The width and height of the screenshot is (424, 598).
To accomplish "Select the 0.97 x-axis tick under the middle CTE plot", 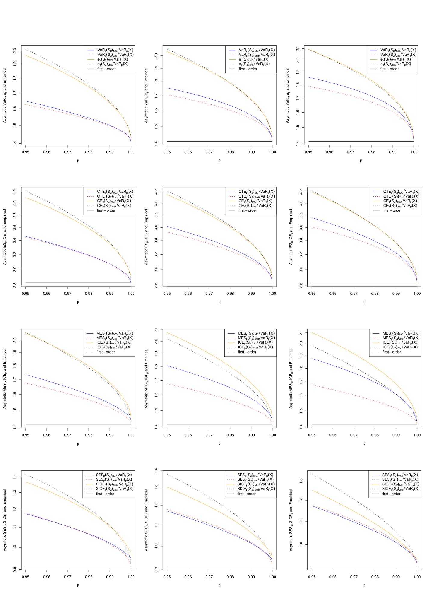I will [209, 294].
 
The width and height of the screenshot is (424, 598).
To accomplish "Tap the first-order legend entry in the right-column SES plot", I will [391, 494].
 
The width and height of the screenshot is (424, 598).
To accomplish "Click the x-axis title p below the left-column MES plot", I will [78, 444].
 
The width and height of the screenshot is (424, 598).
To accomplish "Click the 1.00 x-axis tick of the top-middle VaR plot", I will [272, 152].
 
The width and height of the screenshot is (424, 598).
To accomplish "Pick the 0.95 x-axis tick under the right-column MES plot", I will [312, 435].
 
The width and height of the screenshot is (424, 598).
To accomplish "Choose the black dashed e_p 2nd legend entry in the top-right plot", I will [396, 64].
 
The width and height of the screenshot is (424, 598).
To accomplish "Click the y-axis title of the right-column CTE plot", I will [291, 237].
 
